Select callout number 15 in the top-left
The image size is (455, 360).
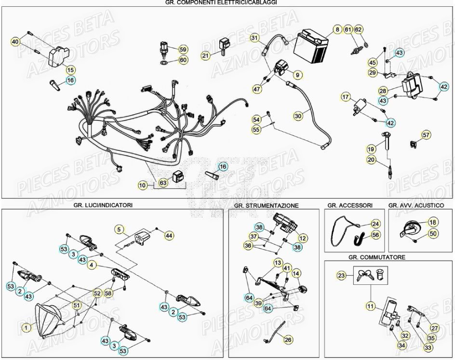(70, 69)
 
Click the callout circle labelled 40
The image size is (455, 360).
(15, 42)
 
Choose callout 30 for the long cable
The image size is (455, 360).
(298, 116)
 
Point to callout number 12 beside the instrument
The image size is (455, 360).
(302, 238)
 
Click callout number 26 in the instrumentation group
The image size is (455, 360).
(288, 340)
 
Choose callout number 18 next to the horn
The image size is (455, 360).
(432, 222)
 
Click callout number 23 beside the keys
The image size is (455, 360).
(341, 276)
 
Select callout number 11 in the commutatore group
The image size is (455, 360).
(370, 306)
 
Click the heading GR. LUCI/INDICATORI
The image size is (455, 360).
(103, 205)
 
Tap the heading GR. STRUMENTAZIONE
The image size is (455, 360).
(266, 206)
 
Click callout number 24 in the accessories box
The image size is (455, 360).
(375, 224)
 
